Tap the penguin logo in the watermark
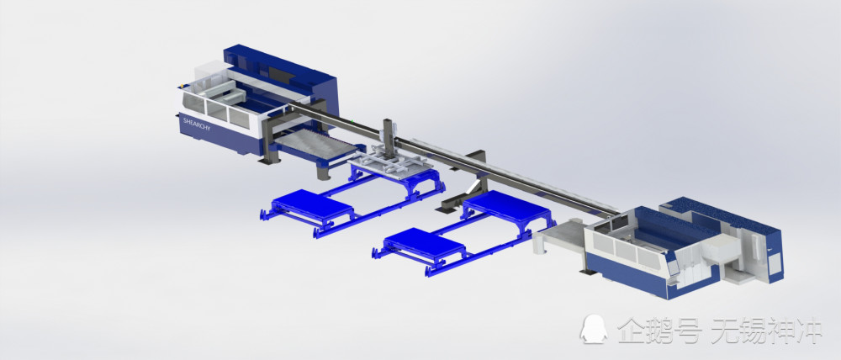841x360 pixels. [x=594, y=329]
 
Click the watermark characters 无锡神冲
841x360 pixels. [x=766, y=331]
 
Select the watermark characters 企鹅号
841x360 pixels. [x=659, y=331]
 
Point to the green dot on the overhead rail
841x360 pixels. [x=352, y=122]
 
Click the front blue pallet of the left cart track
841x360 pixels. [x=312, y=207]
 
